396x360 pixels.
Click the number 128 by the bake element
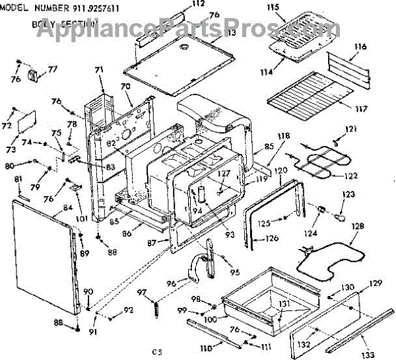point(357,226)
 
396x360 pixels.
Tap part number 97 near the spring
point(142,292)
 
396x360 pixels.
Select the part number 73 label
point(11,140)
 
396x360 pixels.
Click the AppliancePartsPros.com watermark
point(191,28)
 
